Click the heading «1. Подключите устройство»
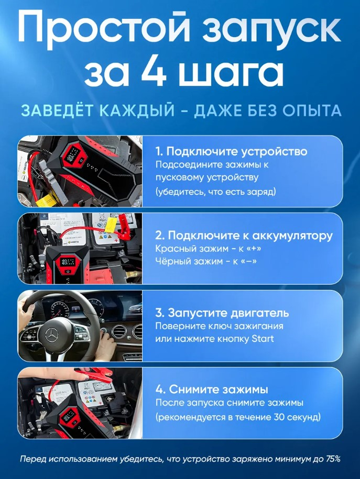coord(231,151)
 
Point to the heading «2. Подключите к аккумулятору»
coord(244,235)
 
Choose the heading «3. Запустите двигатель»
coord(222,313)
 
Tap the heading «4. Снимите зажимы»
coord(212,389)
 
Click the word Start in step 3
coord(263,339)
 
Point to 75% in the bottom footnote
coord(332,459)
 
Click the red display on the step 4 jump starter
coord(70,416)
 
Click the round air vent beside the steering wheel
coord(118,332)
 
